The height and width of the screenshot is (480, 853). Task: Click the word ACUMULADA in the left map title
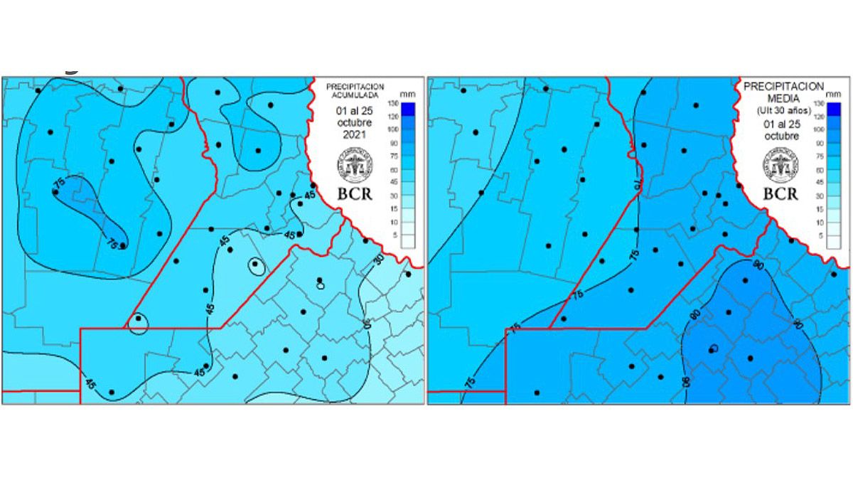tap(353, 94)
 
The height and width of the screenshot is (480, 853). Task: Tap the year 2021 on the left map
tap(353, 134)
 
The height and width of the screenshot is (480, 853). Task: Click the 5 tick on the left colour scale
tap(393, 235)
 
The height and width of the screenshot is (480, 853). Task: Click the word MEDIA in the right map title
tap(782, 99)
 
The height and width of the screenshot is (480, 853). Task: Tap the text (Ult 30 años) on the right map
tap(782, 112)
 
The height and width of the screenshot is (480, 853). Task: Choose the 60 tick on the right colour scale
tap(818, 170)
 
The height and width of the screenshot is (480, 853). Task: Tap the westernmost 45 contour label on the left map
tap(90, 383)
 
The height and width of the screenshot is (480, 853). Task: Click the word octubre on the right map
tap(781, 137)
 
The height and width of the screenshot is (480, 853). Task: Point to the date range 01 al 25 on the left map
tap(353, 110)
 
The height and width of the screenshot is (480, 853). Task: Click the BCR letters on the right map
tap(781, 194)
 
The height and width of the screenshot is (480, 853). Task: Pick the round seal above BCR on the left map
tap(353, 166)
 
